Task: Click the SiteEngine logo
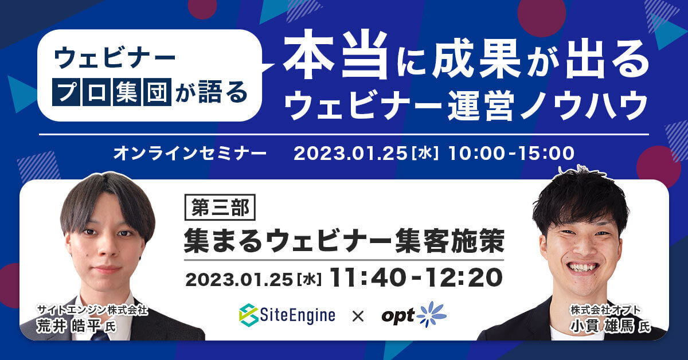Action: coord(287,315)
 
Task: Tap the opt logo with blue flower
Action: coord(414,315)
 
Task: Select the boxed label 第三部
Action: coord(220,208)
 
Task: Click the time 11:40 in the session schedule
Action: coord(366,277)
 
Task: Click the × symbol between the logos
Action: coord(358,316)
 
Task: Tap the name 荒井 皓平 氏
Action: coord(76,326)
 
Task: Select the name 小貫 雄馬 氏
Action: coord(610,326)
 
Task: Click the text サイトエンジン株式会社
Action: coord(92,310)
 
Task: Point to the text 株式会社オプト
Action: coord(605,310)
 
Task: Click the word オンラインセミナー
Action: coord(190,153)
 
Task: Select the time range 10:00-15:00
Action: coord(511,153)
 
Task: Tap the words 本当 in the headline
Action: coord(335,54)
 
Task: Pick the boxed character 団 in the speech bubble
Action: coord(157,92)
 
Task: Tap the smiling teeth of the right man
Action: coord(583,267)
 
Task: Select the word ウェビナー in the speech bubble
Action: coord(114,58)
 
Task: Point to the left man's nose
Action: coord(106,246)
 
